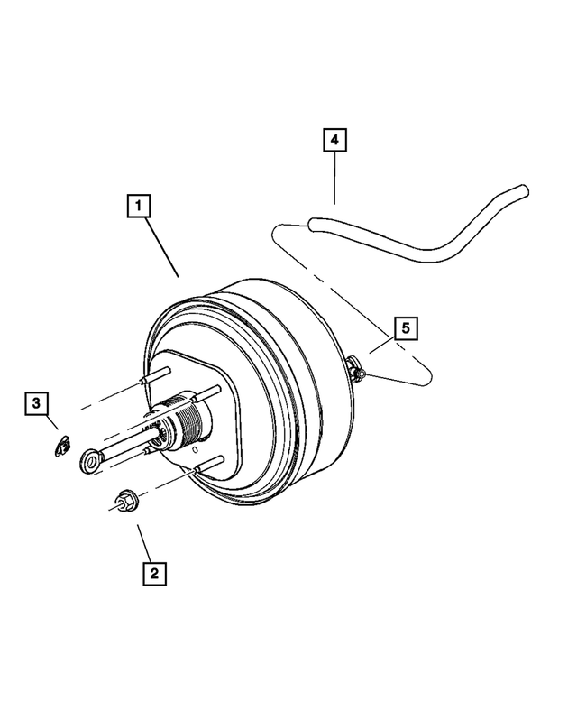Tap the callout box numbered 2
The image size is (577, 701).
(x=154, y=572)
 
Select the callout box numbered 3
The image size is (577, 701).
(x=36, y=403)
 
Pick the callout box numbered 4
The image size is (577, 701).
(x=334, y=141)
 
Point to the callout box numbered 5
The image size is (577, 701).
(x=405, y=328)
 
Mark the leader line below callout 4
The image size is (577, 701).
(x=334, y=180)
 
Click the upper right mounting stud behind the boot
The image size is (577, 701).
(x=209, y=392)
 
